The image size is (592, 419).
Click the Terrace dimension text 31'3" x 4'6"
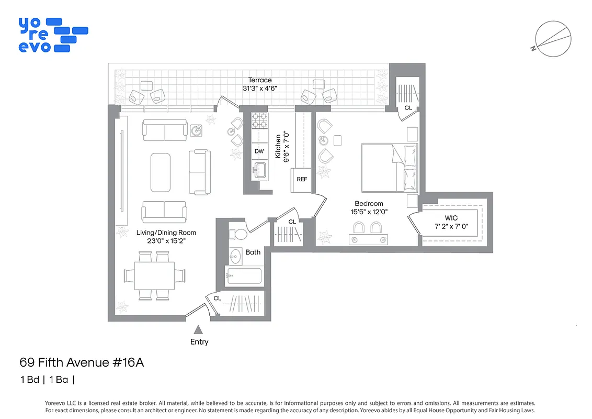(x=260, y=88)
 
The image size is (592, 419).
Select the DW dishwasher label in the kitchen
(x=259, y=151)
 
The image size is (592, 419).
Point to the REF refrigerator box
(x=302, y=179)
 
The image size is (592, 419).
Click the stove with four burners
(x=259, y=121)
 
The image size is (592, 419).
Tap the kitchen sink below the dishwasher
(x=259, y=170)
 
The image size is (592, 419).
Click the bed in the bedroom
(x=390, y=168)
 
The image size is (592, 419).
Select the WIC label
(x=451, y=218)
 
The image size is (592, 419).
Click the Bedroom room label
(x=369, y=204)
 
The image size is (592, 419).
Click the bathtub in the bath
(x=244, y=275)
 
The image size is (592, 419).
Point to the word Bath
(x=253, y=252)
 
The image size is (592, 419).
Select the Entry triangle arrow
(x=198, y=329)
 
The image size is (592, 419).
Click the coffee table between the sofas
(x=161, y=172)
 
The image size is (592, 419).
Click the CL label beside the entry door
(x=218, y=298)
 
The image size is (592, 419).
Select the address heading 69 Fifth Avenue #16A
(x=82, y=362)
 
